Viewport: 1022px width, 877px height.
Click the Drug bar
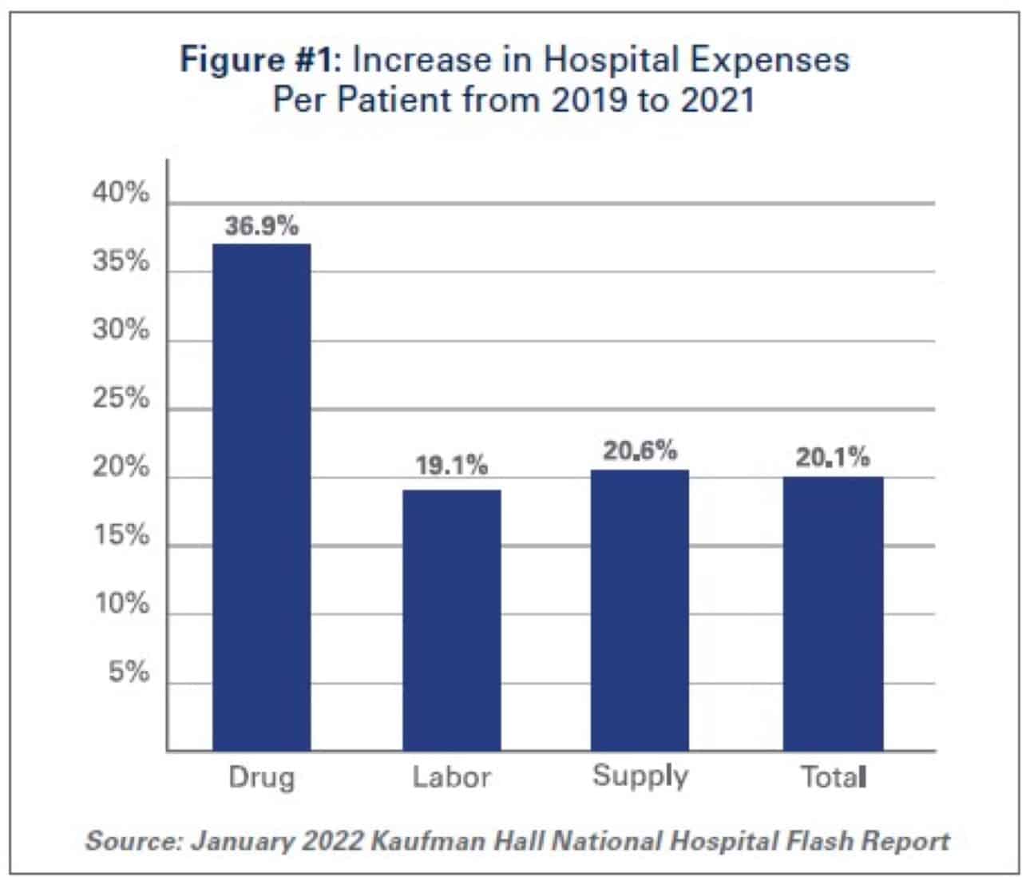261,497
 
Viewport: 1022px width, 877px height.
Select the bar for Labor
451,620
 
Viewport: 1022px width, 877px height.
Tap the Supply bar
640,610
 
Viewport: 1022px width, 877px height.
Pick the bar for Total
833,613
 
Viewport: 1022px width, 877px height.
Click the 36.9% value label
261,227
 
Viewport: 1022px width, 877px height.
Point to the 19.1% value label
451,466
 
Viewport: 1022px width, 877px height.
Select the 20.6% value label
640,452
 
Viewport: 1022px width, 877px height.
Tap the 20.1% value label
833,458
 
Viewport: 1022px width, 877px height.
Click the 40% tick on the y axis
121,192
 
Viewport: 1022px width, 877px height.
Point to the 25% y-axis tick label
121,398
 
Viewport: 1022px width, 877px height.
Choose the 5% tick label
129,673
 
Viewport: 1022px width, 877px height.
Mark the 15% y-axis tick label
121,535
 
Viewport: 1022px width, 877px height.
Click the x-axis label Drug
261,777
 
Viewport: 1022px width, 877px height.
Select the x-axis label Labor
451,777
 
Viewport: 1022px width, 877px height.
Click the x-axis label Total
833,777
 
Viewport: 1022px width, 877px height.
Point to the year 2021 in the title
716,101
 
